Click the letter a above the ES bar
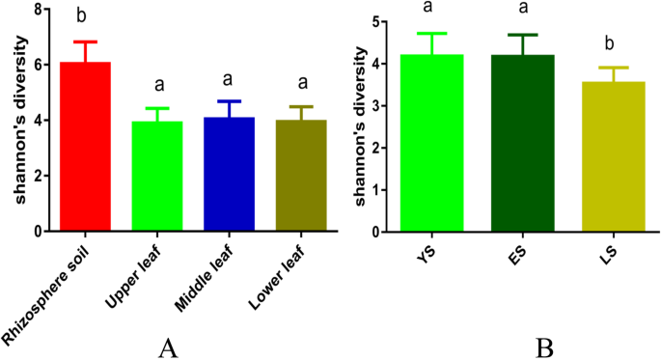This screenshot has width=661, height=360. tap(522, 9)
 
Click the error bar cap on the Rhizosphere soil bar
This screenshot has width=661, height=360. tap(86, 42)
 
